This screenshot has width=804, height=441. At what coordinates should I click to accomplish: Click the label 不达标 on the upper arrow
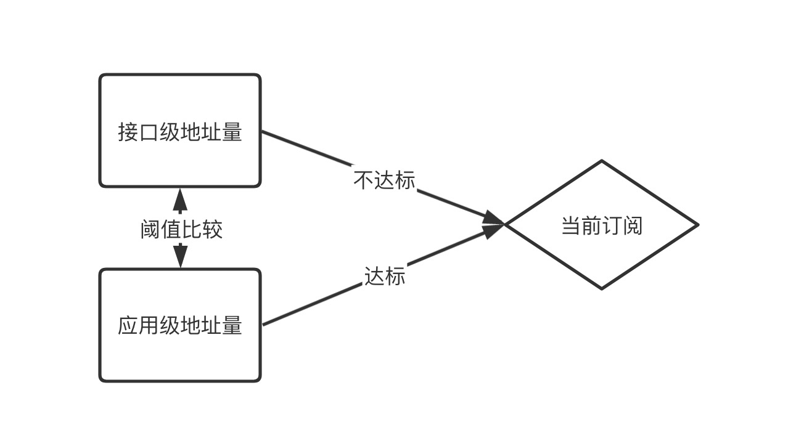(x=384, y=180)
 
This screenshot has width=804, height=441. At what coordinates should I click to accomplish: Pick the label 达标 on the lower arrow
(x=385, y=276)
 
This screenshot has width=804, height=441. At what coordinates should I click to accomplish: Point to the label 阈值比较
(x=181, y=230)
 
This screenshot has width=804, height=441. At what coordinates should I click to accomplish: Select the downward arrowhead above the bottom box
(x=180, y=255)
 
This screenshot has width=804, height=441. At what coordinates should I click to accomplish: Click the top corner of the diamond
(x=601, y=162)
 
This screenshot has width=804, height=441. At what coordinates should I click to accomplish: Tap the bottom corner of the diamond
(x=601, y=288)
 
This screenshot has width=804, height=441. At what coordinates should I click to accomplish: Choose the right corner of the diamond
(x=697, y=225)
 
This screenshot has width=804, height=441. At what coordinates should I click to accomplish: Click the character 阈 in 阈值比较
(x=150, y=230)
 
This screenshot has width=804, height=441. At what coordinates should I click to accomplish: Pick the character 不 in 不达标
(x=363, y=180)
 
